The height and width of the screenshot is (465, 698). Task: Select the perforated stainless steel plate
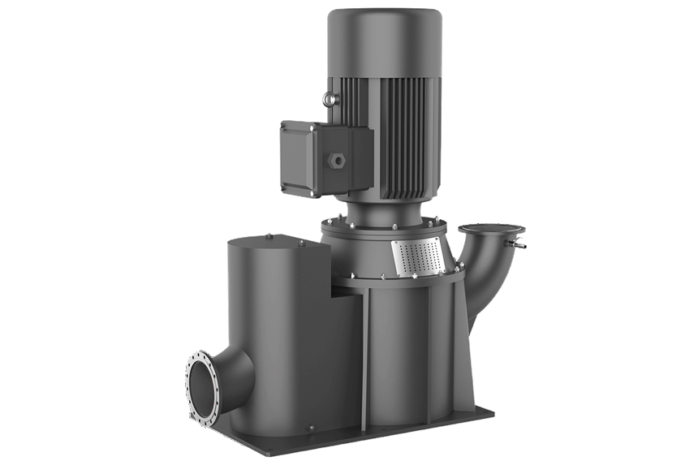pos(418,257)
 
